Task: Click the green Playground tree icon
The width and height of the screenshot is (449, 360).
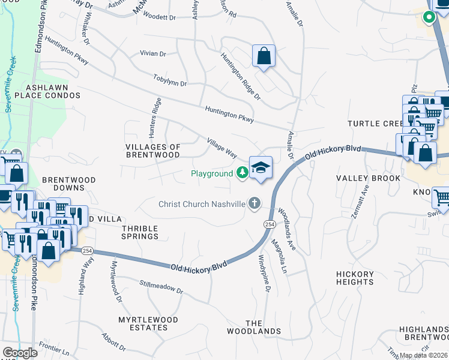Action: (242, 173)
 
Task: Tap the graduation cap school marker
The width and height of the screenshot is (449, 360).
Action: (261, 167)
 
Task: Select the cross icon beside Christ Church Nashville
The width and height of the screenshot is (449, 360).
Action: (255, 203)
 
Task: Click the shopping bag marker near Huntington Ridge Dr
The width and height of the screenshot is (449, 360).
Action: (264, 56)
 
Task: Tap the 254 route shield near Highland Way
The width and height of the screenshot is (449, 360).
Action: (88, 250)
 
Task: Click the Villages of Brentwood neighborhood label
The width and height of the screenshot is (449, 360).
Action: (152, 151)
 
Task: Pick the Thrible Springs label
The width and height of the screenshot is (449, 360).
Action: (140, 232)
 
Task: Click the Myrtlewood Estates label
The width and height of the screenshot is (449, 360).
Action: (143, 323)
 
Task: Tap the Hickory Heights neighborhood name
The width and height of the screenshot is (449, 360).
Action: (355, 278)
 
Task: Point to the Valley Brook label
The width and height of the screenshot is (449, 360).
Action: (368, 178)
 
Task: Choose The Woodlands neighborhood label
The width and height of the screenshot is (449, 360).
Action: (254, 327)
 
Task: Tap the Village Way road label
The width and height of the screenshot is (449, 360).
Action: (221, 148)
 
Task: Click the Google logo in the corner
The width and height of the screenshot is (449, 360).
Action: (20, 353)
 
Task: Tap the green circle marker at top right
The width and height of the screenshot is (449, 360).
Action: (429, 17)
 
